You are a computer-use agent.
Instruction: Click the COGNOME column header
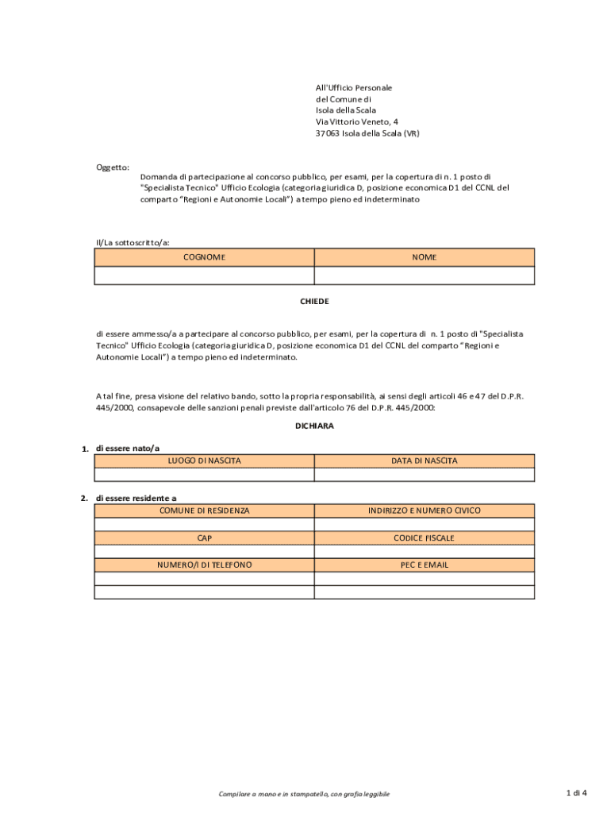point(204,257)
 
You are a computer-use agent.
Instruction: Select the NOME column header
point(424,257)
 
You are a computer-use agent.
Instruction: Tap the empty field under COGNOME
point(204,275)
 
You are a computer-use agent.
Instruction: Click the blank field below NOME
point(424,275)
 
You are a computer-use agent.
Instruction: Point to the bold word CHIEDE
point(313,302)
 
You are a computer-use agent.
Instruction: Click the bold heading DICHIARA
point(313,426)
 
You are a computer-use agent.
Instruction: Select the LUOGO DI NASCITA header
point(204,460)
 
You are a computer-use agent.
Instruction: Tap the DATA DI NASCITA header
point(424,460)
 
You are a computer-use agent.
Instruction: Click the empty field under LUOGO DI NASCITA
point(204,475)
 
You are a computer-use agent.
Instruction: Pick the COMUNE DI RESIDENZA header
point(204,511)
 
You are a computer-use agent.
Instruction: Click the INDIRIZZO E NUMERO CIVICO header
point(424,511)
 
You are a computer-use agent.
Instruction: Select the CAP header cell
point(204,538)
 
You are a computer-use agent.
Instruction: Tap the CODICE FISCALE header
point(424,538)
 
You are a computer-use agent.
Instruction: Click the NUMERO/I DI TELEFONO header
point(204,564)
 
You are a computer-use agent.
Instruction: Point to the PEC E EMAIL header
point(424,564)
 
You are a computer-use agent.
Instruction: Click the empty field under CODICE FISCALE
point(424,551)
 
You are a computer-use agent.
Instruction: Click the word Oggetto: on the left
point(113,167)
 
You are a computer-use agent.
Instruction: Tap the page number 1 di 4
point(576,792)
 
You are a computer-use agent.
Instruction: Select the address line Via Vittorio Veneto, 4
point(357,121)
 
